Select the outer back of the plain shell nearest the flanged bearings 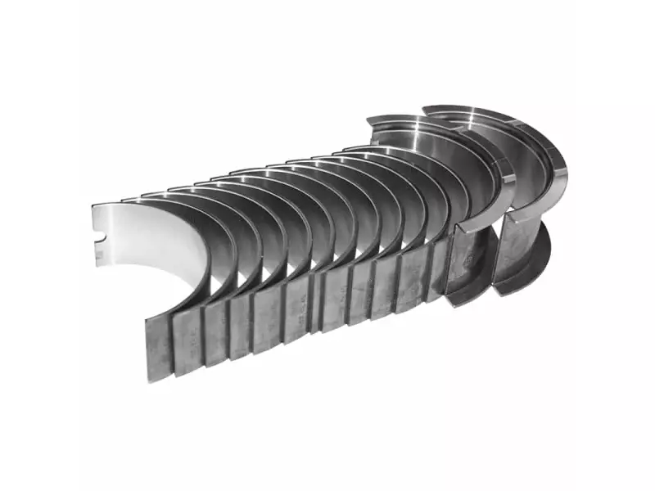(434, 282)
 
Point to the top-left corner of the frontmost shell (93, 205)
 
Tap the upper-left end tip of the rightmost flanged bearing (425, 109)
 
